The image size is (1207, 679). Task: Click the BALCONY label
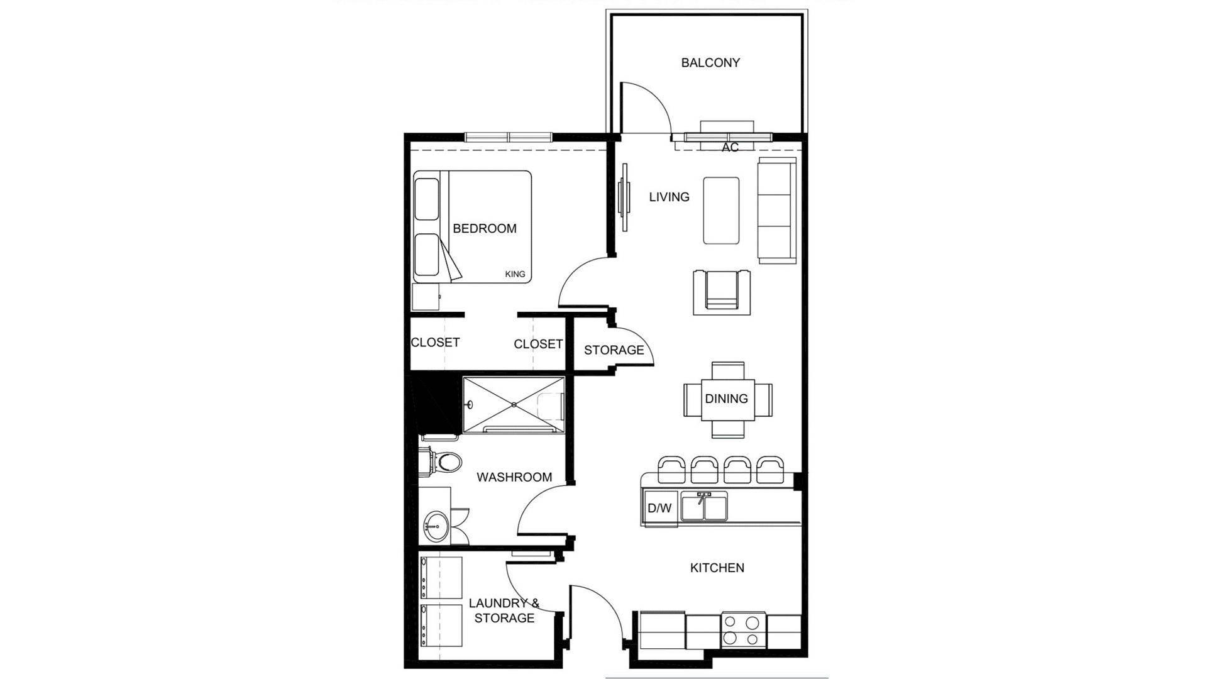(x=710, y=63)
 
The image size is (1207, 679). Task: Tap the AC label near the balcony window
(x=730, y=148)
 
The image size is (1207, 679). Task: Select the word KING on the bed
(x=515, y=274)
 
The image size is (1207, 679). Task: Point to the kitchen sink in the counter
(x=704, y=507)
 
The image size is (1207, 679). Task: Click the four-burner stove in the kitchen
(x=743, y=630)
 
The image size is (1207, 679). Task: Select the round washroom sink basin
(x=436, y=526)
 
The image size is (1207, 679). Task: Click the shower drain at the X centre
(x=514, y=405)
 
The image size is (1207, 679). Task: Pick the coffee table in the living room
(x=721, y=210)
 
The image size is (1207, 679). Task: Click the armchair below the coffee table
(x=722, y=292)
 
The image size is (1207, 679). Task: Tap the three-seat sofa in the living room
(x=777, y=211)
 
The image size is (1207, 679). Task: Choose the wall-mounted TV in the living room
(x=624, y=197)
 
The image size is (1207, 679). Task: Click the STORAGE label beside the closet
(x=614, y=350)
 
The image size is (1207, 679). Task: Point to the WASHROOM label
(x=514, y=477)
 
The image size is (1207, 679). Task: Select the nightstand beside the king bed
(x=426, y=296)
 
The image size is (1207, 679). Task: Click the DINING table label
(x=726, y=399)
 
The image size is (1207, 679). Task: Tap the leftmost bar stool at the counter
(x=671, y=470)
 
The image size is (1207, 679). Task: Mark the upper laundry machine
(x=441, y=578)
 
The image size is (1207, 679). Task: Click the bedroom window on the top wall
(x=509, y=137)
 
